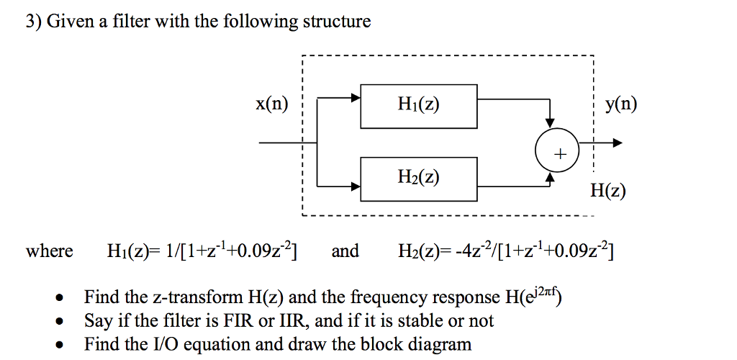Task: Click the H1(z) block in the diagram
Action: (x=418, y=106)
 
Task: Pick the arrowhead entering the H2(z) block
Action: (x=356, y=186)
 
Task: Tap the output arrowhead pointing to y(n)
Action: (x=616, y=143)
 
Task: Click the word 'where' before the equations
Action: (x=49, y=251)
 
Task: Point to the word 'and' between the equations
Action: (x=345, y=251)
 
